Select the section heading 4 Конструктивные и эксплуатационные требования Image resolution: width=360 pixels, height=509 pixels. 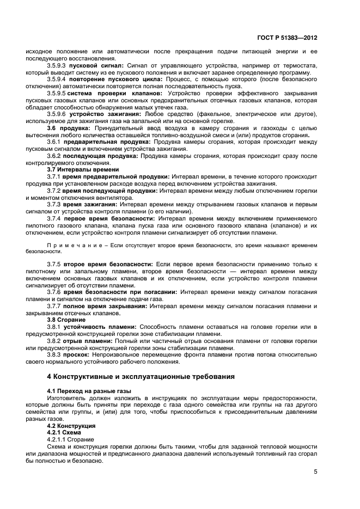[x=141, y=376]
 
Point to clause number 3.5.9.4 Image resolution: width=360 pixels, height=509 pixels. [x=57, y=79]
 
